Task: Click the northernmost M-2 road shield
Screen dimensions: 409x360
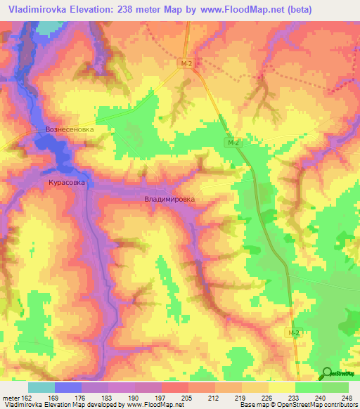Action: pos(184,63)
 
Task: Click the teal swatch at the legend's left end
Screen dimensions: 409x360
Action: pos(41,387)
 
